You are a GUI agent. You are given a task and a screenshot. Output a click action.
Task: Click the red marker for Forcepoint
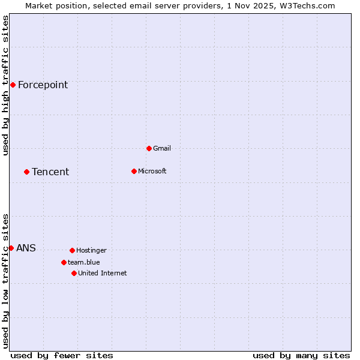point(13,85)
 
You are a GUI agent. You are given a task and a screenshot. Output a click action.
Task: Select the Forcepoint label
point(43,85)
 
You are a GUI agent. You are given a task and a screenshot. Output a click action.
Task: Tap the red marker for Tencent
point(26,172)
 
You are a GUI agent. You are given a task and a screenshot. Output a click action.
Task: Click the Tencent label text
point(50,172)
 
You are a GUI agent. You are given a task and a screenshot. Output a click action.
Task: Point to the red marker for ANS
point(11,248)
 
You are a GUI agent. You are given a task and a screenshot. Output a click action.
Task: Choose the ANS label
point(26,248)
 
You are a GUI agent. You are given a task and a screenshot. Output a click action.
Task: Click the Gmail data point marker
point(149,148)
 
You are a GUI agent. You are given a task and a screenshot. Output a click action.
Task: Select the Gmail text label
point(162,149)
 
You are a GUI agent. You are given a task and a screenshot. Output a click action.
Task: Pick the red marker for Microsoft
point(134,171)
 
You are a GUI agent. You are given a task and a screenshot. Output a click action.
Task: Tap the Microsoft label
point(152,172)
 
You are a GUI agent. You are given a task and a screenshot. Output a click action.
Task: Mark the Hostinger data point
point(72,250)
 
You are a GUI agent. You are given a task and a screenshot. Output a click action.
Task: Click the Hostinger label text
point(91,251)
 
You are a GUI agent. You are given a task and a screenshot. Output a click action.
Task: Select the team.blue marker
point(64,262)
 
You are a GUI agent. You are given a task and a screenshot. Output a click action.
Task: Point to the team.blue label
point(84,263)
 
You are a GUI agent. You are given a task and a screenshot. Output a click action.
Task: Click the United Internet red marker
point(74,273)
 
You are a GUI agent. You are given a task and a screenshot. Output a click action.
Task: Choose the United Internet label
point(102,274)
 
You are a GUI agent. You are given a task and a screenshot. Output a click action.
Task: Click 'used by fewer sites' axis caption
point(62,355)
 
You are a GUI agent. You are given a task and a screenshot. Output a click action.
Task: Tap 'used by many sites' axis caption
point(301,355)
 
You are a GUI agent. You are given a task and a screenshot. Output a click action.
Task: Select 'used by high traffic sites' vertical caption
point(6,85)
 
